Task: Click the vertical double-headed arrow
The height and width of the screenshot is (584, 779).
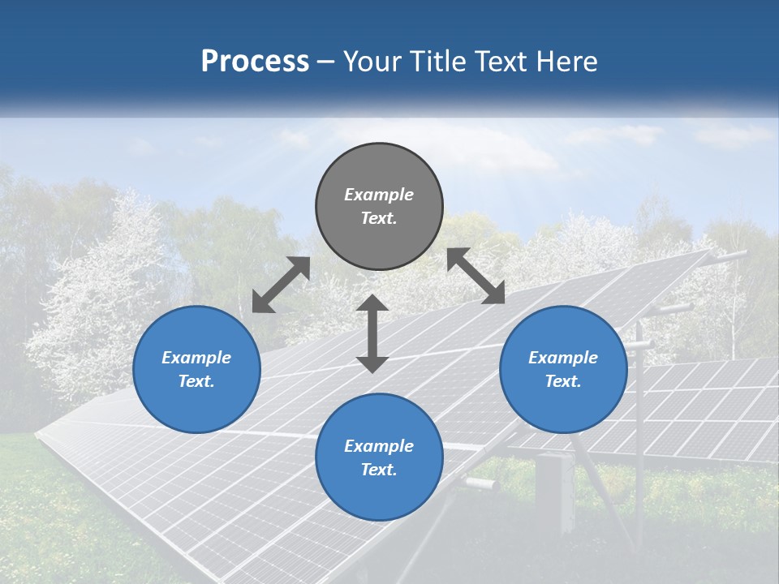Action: pyautogui.click(x=372, y=333)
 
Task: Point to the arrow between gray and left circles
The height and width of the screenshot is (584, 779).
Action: pyautogui.click(x=281, y=285)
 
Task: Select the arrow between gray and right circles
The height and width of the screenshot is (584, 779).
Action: pyautogui.click(x=476, y=276)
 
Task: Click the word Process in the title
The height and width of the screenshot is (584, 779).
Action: pyautogui.click(x=255, y=61)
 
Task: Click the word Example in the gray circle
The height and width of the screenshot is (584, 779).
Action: pyautogui.click(x=379, y=195)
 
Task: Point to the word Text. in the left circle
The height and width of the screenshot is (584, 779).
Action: pyautogui.click(x=196, y=381)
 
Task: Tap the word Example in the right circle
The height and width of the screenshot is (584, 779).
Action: pyautogui.click(x=563, y=358)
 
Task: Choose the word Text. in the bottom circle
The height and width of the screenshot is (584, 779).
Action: pyautogui.click(x=379, y=470)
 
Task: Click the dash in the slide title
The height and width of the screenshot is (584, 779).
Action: pyautogui.click(x=326, y=62)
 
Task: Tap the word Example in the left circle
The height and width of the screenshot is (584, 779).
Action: pyautogui.click(x=196, y=358)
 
